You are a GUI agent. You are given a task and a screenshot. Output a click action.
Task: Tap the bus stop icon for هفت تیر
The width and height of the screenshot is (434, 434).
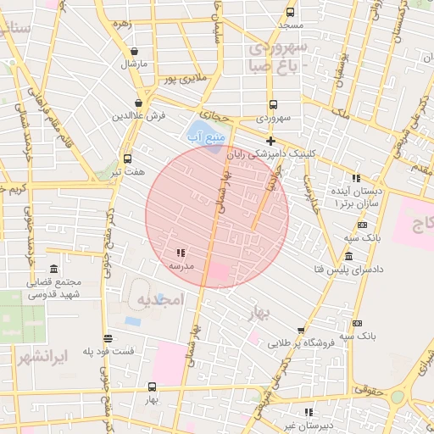128,159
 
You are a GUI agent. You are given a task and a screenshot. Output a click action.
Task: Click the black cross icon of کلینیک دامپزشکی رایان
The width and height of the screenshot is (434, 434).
270,141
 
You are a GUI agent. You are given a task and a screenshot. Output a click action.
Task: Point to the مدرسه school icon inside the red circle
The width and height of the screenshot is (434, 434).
181,253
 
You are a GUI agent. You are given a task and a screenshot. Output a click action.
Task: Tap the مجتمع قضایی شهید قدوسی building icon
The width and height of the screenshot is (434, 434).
55,270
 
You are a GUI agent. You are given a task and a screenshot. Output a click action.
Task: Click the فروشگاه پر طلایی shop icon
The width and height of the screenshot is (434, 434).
301,331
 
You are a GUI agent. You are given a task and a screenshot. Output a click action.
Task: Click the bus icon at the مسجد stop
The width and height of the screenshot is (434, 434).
291,13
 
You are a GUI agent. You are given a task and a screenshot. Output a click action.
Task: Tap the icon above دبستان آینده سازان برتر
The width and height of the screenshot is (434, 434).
356,179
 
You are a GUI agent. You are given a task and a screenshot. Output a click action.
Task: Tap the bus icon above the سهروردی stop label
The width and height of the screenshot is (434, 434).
271,103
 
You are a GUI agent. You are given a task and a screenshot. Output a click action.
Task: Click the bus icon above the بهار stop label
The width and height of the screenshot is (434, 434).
152,387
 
